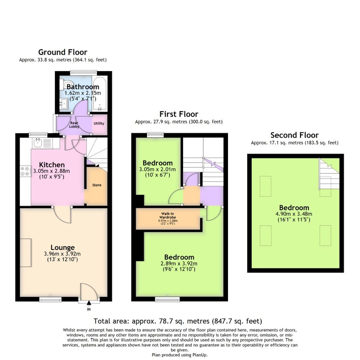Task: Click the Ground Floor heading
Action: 63,52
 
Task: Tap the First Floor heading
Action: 179,114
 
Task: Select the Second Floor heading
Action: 294,135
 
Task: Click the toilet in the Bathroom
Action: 67,84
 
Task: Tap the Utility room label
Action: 99,123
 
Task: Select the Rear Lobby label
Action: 74,125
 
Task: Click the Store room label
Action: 97,185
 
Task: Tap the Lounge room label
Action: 63,247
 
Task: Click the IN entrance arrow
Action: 89,303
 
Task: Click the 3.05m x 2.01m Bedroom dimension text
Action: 158,169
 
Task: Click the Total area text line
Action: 178,321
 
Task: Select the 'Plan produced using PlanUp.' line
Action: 180,355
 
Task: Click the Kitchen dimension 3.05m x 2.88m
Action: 52,171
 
